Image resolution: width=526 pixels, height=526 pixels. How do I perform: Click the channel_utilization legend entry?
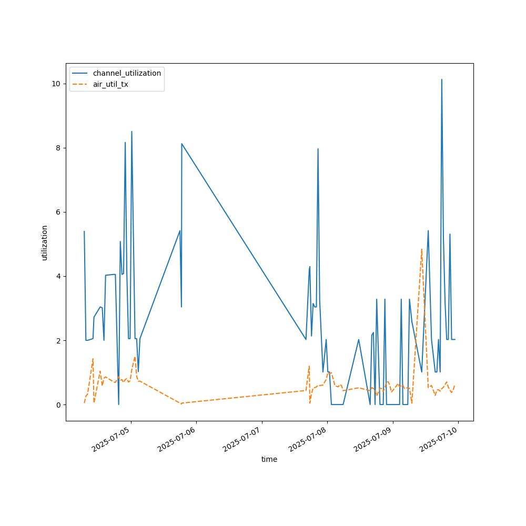click(x=127, y=73)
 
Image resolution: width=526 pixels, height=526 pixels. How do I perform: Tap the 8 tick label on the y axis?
click(x=58, y=148)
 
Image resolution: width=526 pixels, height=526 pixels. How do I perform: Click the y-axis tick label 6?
click(x=58, y=212)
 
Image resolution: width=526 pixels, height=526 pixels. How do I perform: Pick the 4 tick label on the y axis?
click(x=58, y=276)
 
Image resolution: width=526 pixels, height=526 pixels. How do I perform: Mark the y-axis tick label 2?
click(x=58, y=340)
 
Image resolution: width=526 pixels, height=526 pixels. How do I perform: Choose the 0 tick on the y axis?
click(x=58, y=404)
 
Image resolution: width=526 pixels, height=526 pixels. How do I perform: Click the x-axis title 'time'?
click(x=269, y=459)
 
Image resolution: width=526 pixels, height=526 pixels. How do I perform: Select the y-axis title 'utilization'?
click(x=45, y=242)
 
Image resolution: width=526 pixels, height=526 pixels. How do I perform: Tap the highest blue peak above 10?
click(x=442, y=80)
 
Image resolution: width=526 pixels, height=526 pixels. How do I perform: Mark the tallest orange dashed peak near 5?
click(x=422, y=249)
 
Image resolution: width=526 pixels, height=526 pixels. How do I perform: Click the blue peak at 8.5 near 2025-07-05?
click(x=131, y=131)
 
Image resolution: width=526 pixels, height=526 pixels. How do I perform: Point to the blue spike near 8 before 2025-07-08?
click(x=318, y=149)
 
